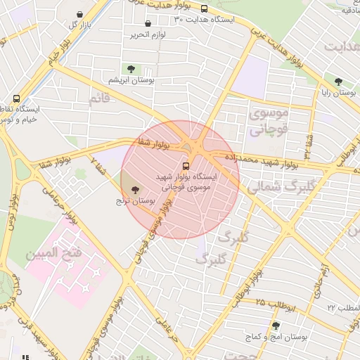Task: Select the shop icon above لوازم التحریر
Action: click(148, 24)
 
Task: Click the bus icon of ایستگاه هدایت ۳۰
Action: click(204, 9)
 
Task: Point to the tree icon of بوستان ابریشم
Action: click(130, 69)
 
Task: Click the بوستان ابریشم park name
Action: click(129, 80)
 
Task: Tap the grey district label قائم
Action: click(100, 98)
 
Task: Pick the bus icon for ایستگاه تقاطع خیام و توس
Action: click(16, 99)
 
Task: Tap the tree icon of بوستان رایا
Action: click(339, 82)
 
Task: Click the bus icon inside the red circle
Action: click(186, 166)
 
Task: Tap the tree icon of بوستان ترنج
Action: click(135, 190)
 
